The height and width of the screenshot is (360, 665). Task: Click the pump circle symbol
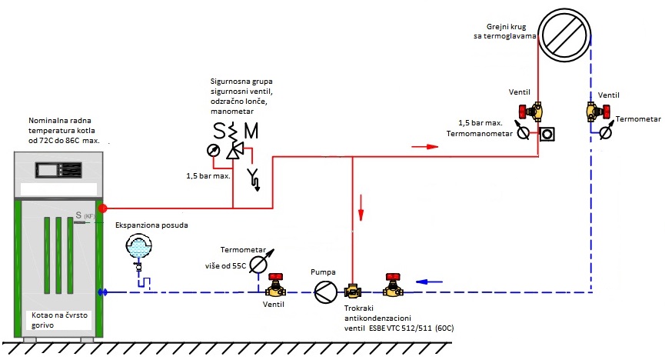(324, 290)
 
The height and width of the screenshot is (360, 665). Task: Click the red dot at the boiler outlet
(103, 208)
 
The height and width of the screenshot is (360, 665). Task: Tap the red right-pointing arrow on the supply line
(419, 145)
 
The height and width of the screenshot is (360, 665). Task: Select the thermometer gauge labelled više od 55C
(258, 264)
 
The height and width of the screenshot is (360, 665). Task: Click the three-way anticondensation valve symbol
(354, 291)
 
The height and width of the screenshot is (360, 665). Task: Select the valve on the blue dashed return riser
(594, 112)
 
